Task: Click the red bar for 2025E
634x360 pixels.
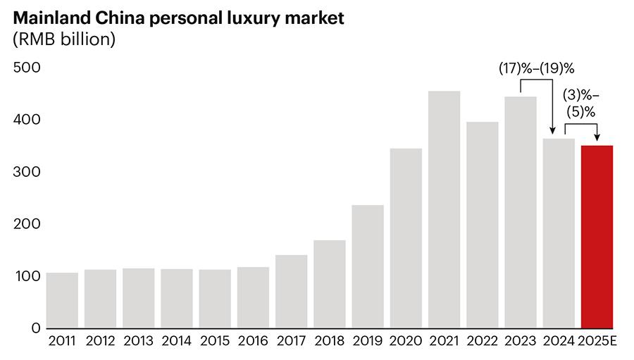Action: pyautogui.click(x=597, y=237)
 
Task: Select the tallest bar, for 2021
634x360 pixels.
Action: pyautogui.click(x=444, y=210)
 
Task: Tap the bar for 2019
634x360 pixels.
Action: pyautogui.click(x=368, y=266)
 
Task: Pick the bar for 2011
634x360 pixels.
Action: pyautogui.click(x=62, y=300)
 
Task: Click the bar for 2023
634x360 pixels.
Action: pyautogui.click(x=521, y=213)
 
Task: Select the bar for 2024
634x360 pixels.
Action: pyautogui.click(x=559, y=233)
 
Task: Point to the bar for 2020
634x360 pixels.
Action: pyautogui.click(x=406, y=238)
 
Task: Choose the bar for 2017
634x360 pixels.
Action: pyautogui.click(x=292, y=292)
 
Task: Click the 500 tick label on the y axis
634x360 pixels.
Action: pyautogui.click(x=27, y=68)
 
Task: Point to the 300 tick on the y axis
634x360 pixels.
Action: pyautogui.click(x=27, y=172)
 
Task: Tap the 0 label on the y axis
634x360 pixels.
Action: pyautogui.click(x=36, y=328)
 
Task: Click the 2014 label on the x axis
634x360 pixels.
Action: pyautogui.click(x=176, y=342)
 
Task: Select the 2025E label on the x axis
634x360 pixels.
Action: pyautogui.click(x=597, y=342)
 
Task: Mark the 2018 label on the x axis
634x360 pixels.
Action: pyautogui.click(x=329, y=342)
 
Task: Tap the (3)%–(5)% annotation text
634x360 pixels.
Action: pyautogui.click(x=581, y=102)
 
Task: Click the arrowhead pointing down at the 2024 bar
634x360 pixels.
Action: pyautogui.click(x=553, y=132)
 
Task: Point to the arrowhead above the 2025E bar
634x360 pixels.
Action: pyautogui.click(x=597, y=139)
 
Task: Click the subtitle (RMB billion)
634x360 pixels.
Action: pyautogui.click(x=63, y=40)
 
